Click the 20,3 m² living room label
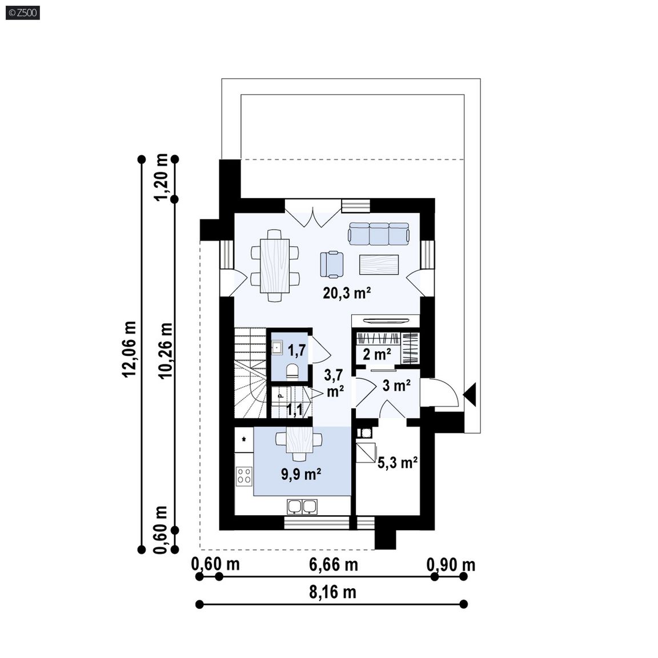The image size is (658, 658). [x=347, y=293]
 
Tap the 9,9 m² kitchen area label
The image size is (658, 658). [x=302, y=474]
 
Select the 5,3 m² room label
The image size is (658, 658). [x=398, y=463]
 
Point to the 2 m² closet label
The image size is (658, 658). [x=377, y=355]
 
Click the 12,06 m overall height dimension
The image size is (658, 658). [x=130, y=349]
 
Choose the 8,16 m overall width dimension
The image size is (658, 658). [x=333, y=592]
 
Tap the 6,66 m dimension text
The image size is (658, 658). [x=334, y=565]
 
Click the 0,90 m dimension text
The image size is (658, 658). [x=451, y=565]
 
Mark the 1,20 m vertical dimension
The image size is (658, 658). [x=161, y=178]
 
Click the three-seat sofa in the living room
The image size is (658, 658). [x=379, y=234]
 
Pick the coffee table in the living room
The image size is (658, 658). [x=379, y=264]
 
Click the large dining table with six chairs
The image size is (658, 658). [x=275, y=266]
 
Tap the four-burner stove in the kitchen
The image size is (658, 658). [x=244, y=476]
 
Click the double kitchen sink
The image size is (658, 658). [x=302, y=507]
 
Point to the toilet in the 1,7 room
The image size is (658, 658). [x=292, y=371]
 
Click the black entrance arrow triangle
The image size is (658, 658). [x=470, y=395]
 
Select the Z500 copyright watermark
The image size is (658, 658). [x=23, y=13]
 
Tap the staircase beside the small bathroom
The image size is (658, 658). [x=251, y=373]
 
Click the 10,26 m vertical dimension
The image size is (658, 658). [x=166, y=350]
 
